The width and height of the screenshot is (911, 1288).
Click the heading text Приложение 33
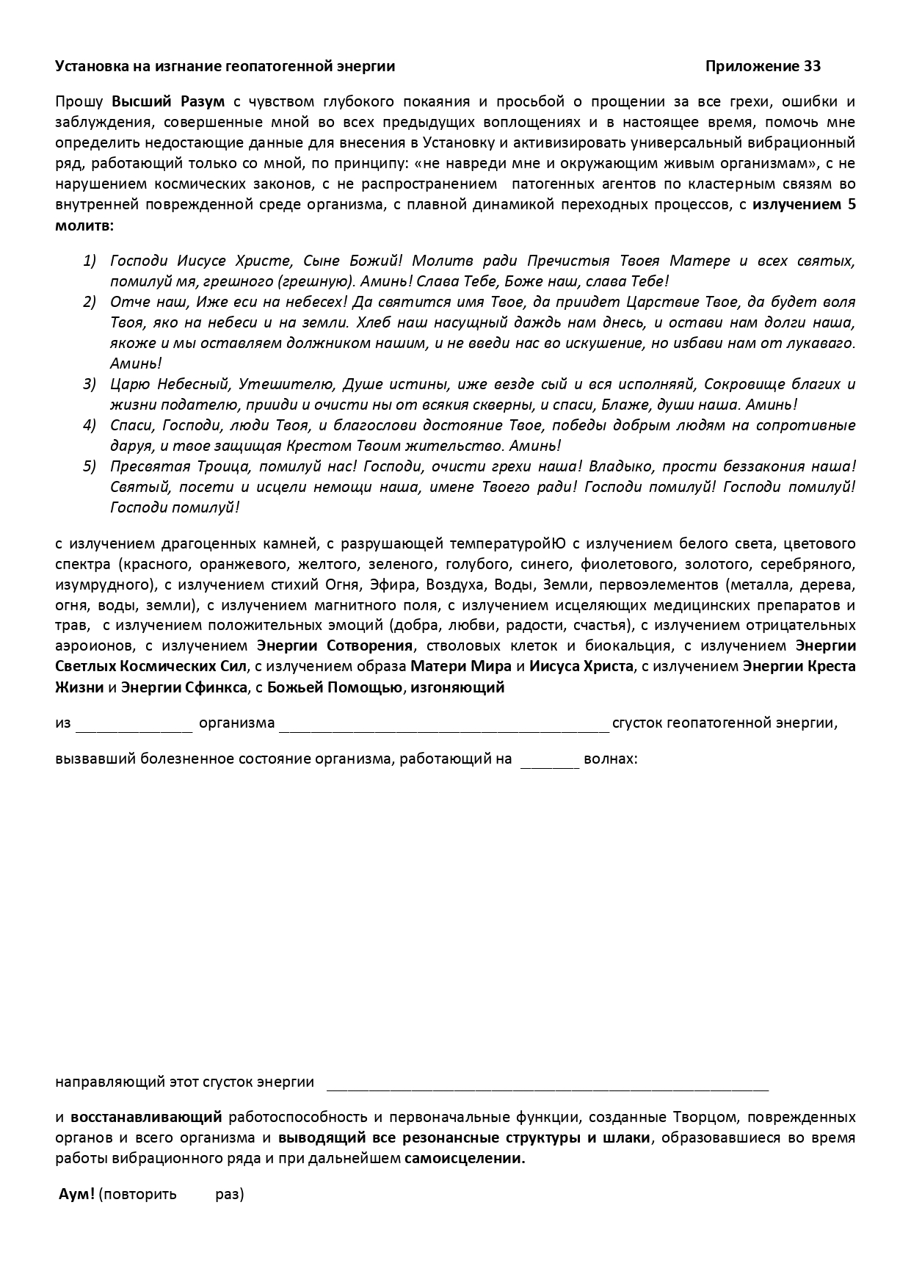pos(763,66)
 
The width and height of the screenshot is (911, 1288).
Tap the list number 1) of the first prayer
pos(90,261)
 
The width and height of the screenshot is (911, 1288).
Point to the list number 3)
pos(90,384)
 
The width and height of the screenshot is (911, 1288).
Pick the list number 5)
pos(90,466)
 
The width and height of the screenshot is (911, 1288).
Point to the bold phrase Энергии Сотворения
pos(335,646)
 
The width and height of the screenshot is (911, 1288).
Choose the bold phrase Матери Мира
pos(460,667)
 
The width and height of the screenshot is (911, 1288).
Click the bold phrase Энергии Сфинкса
pos(184,687)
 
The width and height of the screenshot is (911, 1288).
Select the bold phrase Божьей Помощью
pos(335,687)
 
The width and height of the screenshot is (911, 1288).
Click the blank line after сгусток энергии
pos(547,1084)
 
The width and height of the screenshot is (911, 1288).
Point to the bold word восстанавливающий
pos(146,1118)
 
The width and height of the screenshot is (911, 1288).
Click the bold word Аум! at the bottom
pos(76,1194)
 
